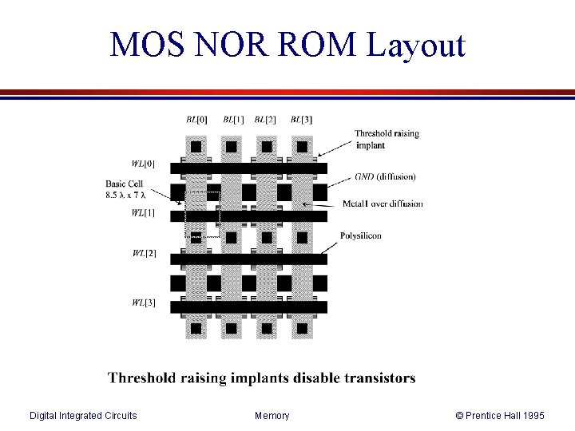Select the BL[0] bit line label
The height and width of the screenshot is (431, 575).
[x=196, y=120]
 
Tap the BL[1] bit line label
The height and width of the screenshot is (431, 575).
[x=233, y=120]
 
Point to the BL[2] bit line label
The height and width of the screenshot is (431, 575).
[x=265, y=120]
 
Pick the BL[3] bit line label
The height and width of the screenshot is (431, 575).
[x=301, y=120]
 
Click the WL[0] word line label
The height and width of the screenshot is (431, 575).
[x=144, y=164]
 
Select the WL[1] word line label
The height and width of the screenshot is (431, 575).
[x=144, y=212]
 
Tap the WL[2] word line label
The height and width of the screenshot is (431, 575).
[x=144, y=254]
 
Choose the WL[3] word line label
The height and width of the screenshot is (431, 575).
[x=144, y=302]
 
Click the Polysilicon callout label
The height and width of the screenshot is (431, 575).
[x=361, y=235]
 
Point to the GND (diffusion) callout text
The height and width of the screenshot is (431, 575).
[x=385, y=176]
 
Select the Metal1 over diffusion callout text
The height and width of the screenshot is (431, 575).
[x=383, y=204]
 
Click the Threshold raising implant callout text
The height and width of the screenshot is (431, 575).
[x=387, y=140]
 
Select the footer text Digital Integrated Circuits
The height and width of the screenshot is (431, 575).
[x=82, y=415]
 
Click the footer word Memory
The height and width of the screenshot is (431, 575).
[x=272, y=415]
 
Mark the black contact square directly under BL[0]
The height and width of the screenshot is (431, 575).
[x=196, y=147]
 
